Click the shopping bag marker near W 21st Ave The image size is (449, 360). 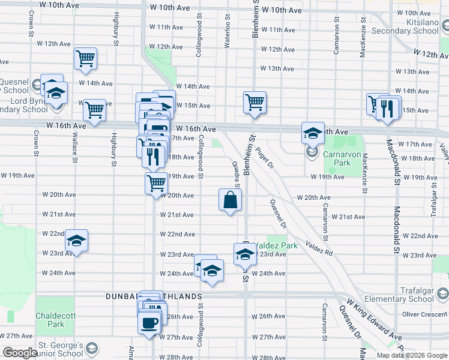click(231, 200)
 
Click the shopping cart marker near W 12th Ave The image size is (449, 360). click(86, 59)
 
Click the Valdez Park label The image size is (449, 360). click(276, 246)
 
